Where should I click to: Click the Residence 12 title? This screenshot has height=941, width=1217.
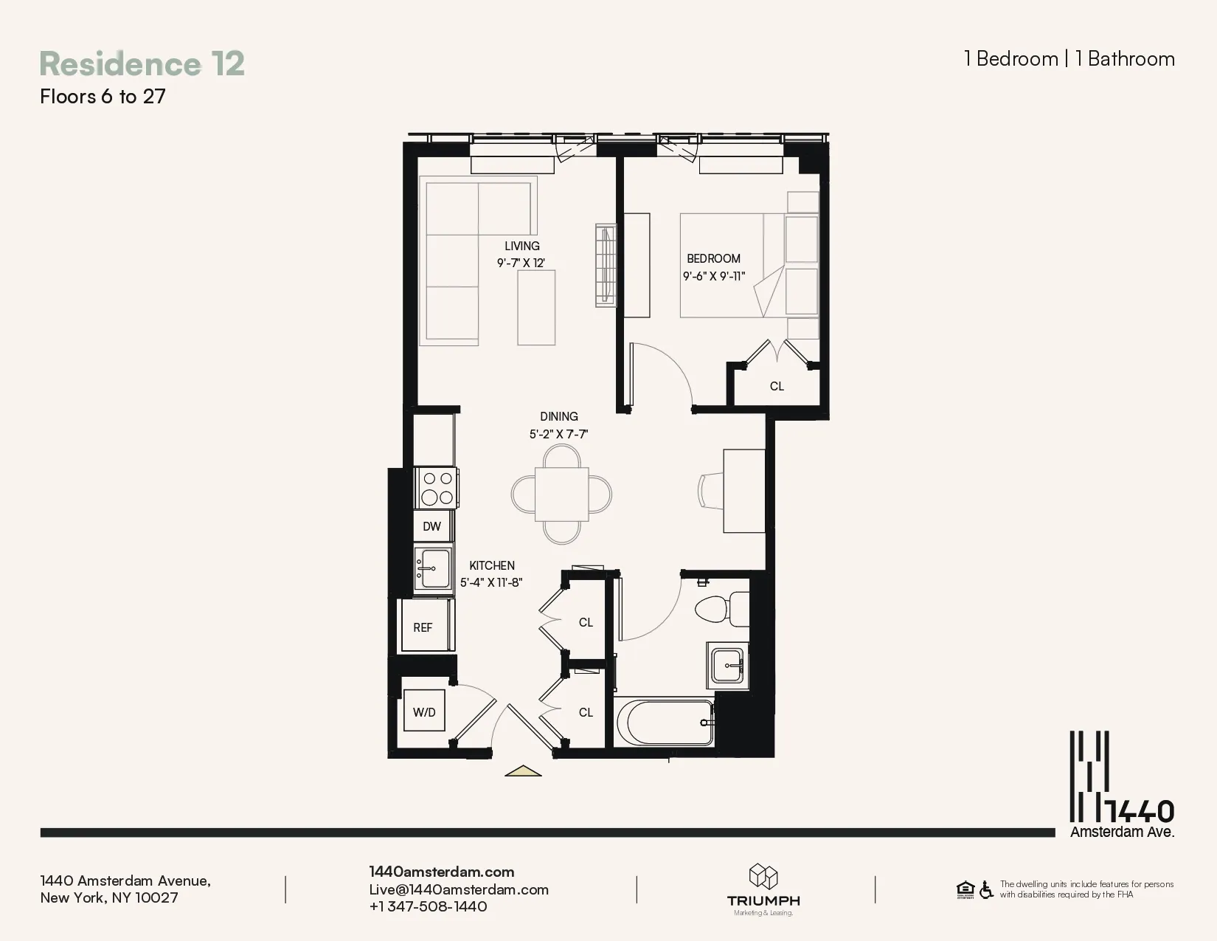coord(142,64)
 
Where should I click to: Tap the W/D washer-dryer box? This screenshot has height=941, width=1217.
coord(424,711)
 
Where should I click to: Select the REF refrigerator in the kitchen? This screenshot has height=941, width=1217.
coord(423,627)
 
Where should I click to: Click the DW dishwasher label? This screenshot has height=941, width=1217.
coord(432,526)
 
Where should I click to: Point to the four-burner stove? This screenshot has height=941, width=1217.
coord(436,488)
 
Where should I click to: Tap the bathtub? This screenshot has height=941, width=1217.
coord(665,723)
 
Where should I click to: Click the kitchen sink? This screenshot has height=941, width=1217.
coord(434,568)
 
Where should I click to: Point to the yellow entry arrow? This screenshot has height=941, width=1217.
coord(523,771)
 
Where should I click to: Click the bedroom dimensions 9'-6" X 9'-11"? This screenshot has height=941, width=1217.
coord(713,277)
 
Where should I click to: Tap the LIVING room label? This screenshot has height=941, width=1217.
coord(521,246)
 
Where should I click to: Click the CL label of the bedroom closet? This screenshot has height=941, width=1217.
coord(777,386)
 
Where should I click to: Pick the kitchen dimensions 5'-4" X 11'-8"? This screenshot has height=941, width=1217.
coord(491,582)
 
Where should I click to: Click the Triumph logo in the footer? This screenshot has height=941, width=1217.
coord(763,889)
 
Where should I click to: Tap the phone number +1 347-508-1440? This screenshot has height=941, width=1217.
coord(428,906)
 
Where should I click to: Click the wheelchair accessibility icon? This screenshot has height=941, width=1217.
coord(986,890)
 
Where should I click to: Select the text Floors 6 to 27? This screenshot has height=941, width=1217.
coord(103,97)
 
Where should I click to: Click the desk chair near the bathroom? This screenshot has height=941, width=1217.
coord(710,491)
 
